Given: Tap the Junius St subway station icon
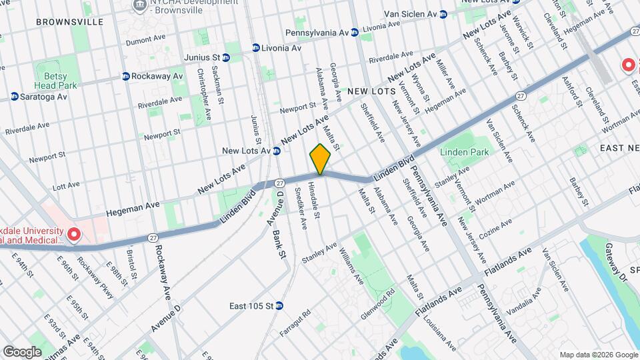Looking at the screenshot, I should click(226, 58).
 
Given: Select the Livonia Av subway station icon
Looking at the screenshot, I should click(256, 48).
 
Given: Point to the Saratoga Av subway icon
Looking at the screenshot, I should click(14, 97).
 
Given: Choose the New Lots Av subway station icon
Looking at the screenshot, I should click(275, 151).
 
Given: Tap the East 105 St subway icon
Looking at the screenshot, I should click(280, 307).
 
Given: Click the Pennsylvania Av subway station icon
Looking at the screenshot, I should click(355, 32).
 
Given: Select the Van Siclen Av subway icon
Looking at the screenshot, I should click(443, 14).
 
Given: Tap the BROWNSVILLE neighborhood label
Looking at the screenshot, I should click(70, 22).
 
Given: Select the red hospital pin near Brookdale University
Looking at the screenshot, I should click(73, 234).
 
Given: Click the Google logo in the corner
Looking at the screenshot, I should click(22, 351).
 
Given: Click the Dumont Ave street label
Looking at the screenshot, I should click(145, 41).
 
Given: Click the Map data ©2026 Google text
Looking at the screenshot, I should click(597, 355).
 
